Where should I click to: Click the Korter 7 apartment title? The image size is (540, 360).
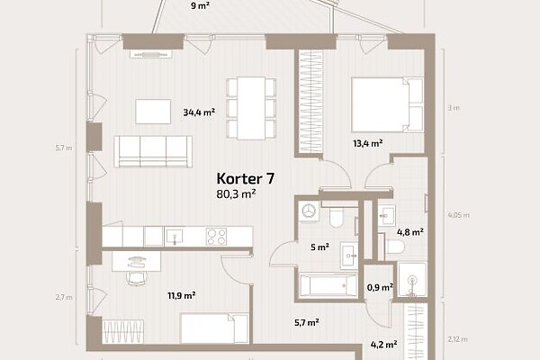click(245, 179)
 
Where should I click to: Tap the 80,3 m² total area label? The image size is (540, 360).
click(236, 194)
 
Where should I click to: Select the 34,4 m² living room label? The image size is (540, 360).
click(199, 112)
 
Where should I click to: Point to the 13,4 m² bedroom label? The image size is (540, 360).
click(368, 143)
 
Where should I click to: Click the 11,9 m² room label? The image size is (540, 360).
click(182, 295)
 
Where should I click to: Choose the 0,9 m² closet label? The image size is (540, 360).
click(380, 287)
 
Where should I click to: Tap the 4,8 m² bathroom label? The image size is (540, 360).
click(410, 232)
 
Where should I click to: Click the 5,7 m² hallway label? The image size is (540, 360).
click(307, 323)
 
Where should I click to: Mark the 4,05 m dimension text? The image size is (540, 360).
click(458, 215)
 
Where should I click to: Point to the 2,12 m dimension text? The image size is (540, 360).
click(458, 339)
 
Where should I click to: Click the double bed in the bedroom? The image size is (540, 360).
click(387, 104)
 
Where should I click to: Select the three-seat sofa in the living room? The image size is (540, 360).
click(153, 151)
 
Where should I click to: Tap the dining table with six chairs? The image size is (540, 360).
click(251, 108)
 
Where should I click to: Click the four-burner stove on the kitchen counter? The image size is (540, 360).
click(216, 237)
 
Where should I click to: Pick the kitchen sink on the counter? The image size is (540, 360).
click(175, 237)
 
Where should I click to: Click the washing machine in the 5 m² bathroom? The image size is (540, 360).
click(309, 211)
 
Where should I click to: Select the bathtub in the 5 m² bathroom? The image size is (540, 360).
click(328, 285)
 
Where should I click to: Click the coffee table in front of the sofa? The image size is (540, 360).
click(153, 112)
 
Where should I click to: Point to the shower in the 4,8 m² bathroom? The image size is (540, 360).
click(412, 279)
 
